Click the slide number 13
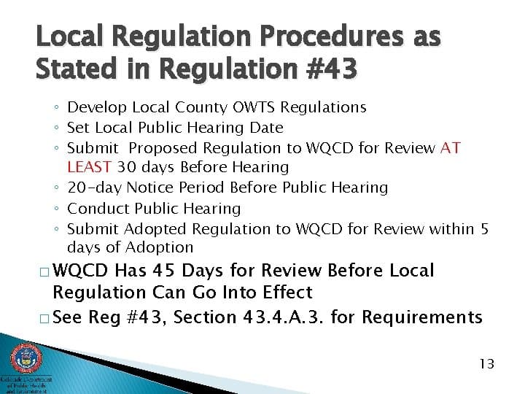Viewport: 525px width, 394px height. click(x=487, y=363)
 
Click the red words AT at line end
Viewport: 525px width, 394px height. click(x=451, y=148)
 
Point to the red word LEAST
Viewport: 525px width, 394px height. click(x=90, y=168)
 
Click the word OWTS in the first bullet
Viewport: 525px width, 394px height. click(x=254, y=108)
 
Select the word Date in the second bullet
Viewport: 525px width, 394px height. click(x=266, y=128)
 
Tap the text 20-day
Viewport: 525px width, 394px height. click(x=93, y=188)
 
